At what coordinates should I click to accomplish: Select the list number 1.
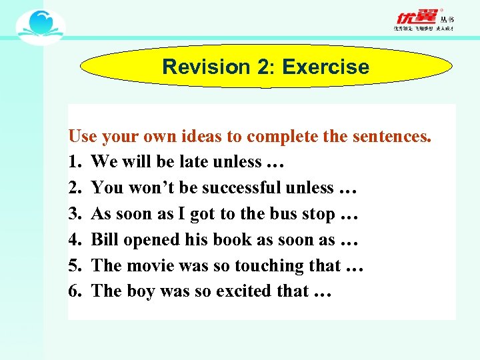(x=73, y=162)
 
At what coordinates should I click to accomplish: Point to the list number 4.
(x=73, y=239)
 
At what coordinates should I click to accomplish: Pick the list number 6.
(x=73, y=291)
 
